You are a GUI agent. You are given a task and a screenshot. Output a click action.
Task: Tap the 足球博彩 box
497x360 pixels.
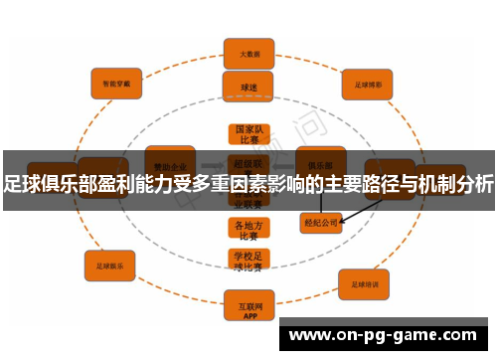[x=369, y=83]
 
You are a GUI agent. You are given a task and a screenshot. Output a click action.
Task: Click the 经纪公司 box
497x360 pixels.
[x=322, y=223]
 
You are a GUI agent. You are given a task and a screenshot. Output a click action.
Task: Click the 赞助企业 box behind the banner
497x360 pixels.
[x=169, y=158]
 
